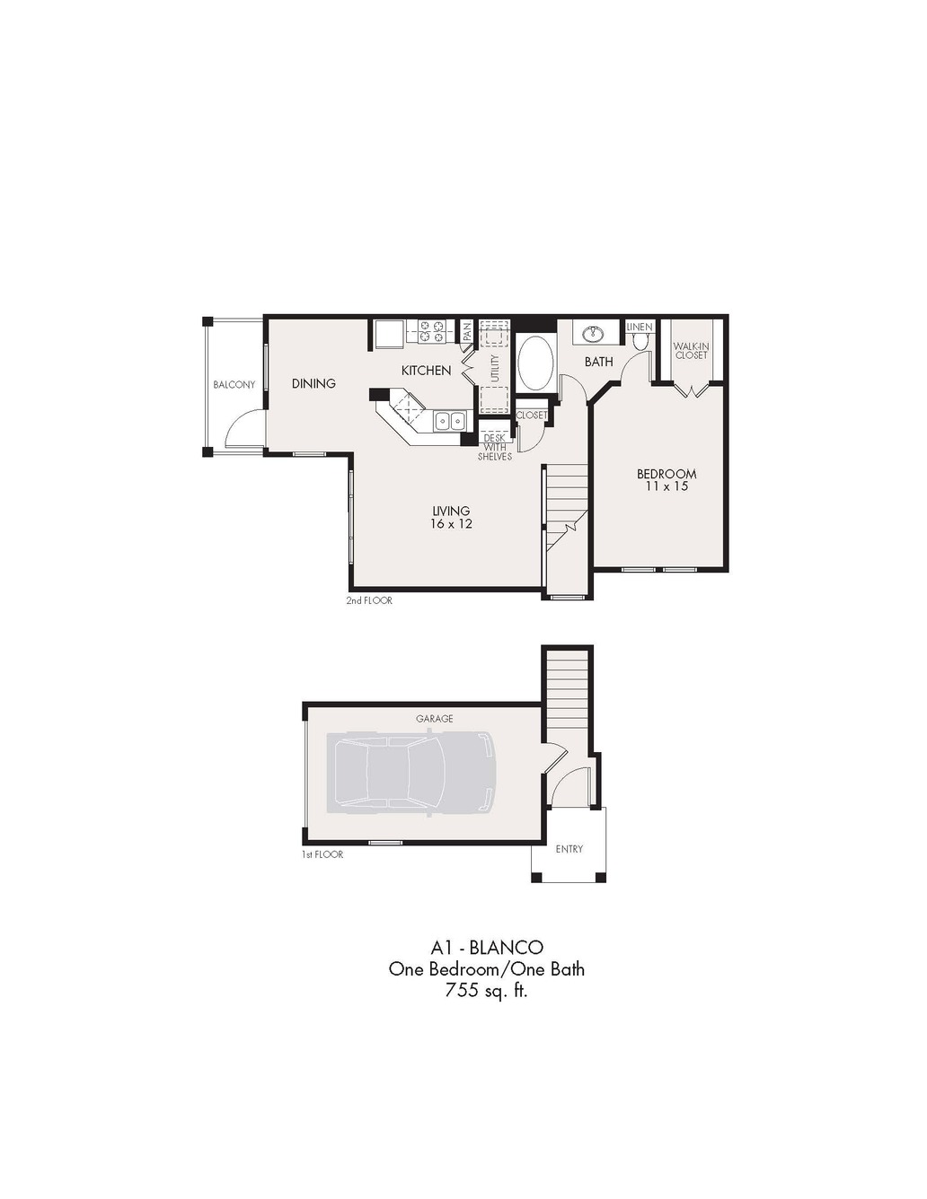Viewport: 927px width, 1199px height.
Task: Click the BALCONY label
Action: point(234,385)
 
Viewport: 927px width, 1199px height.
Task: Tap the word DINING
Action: point(313,383)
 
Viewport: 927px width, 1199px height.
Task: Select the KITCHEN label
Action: point(426,371)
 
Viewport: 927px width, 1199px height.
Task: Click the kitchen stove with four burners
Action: point(432,332)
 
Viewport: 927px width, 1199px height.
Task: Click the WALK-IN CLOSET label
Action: point(692,350)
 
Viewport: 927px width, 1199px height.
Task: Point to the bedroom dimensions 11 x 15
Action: point(667,486)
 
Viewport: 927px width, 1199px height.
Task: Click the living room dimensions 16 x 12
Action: point(451,523)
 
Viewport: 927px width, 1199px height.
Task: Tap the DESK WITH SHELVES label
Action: point(495,447)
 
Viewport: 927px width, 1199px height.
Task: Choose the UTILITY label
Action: point(495,369)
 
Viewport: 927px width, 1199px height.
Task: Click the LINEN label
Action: point(640,327)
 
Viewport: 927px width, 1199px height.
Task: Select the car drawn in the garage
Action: point(411,773)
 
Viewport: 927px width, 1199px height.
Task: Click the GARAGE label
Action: point(434,718)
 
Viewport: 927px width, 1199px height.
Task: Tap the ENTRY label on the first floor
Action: point(569,849)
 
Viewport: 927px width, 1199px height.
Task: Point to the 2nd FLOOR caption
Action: point(369,600)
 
